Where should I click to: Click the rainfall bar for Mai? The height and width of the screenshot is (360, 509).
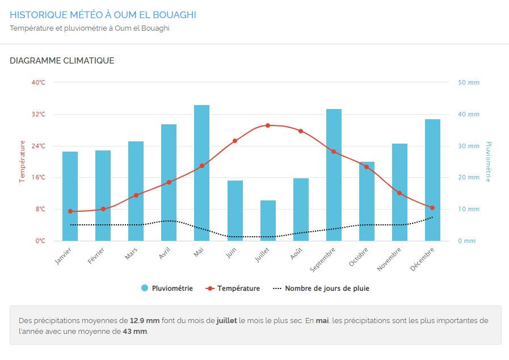click(202, 173)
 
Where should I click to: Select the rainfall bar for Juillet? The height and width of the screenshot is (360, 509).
click(268, 221)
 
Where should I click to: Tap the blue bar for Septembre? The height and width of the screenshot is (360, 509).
click(334, 175)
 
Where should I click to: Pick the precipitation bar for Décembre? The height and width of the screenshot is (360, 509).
click(432, 180)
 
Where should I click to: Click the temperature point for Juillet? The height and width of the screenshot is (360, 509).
click(268, 125)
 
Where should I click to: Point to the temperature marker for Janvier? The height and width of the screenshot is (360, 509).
click(70, 211)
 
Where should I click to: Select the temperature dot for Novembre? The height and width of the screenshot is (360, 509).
click(399, 193)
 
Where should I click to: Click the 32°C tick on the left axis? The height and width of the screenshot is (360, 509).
click(39, 114)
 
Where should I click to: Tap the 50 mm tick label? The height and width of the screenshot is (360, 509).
click(469, 82)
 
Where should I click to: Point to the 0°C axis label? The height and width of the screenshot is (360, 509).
click(40, 241)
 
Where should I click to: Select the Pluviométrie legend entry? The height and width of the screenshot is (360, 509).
click(167, 288)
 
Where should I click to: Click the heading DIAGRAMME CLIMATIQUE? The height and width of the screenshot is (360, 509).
click(62, 61)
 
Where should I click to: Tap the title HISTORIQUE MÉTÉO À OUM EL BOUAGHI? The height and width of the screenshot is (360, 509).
click(103, 15)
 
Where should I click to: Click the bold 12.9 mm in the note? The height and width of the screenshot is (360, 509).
click(145, 321)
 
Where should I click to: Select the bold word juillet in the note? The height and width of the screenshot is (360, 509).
click(227, 321)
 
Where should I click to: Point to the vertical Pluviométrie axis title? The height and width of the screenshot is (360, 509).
click(489, 162)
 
